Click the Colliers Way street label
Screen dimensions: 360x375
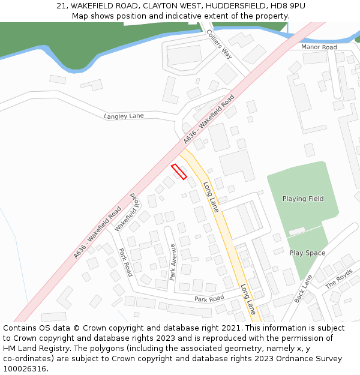219,44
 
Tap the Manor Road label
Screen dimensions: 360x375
319,47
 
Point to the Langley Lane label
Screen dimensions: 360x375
124,116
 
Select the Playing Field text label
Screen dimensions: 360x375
303,199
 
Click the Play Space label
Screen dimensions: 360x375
307,253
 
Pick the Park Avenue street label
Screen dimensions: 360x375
172,262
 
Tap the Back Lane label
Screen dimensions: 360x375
304,289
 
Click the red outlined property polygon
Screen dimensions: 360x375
179,172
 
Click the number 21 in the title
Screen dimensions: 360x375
61,5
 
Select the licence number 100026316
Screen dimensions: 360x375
26,369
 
